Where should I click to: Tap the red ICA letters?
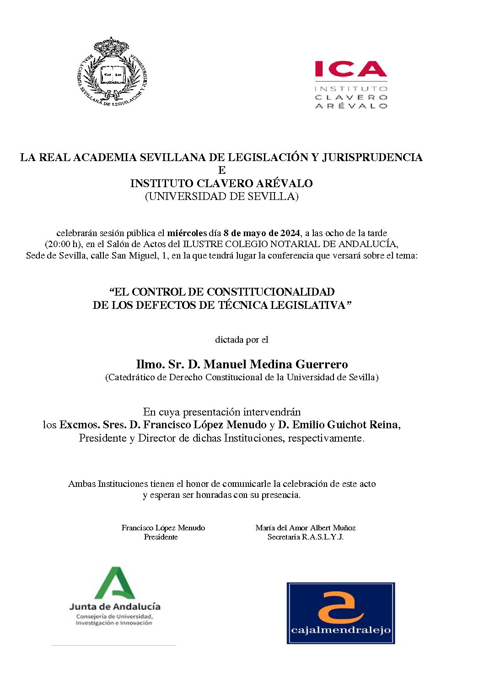click(x=350, y=69)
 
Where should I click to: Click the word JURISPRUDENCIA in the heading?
click(x=372, y=157)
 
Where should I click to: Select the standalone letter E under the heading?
click(x=222, y=171)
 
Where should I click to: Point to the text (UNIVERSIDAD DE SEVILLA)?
click(x=221, y=197)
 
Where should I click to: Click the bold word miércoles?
click(x=187, y=233)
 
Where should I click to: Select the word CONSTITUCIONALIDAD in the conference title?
click(x=271, y=292)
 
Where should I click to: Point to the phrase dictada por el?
click(x=242, y=340)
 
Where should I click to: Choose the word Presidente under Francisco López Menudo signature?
click(x=161, y=537)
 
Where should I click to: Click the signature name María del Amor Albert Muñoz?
click(x=306, y=528)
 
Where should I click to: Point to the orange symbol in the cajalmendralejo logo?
click(x=340, y=607)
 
